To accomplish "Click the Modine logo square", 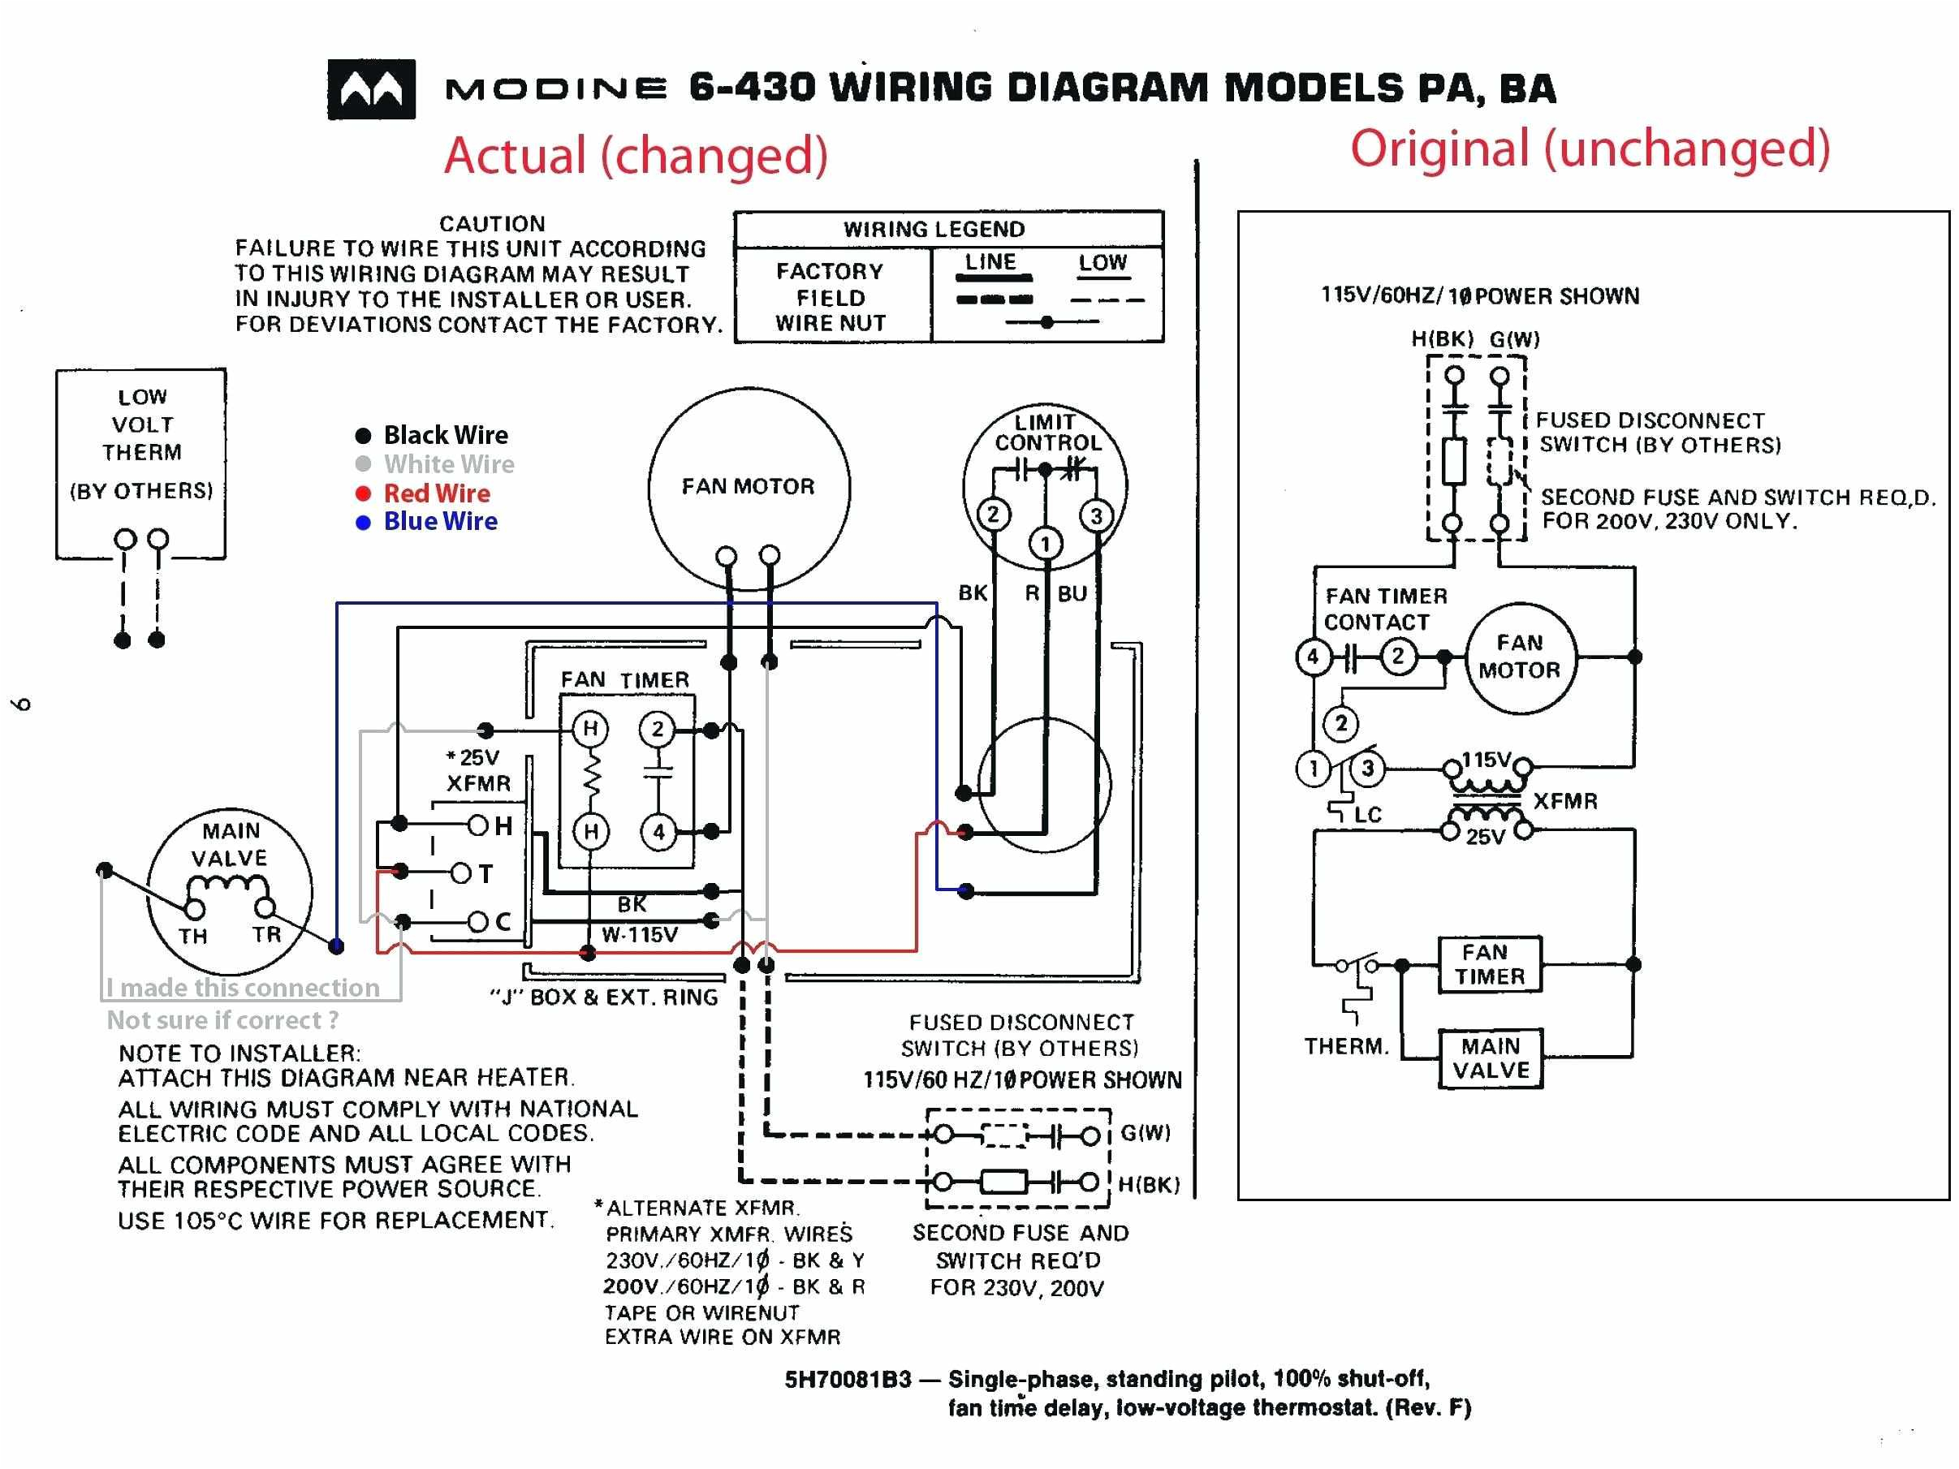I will point(371,89).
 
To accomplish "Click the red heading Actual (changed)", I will point(635,155).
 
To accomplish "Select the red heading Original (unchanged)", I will point(1590,148).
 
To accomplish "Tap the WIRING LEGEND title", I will point(934,230).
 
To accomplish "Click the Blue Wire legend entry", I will point(439,522).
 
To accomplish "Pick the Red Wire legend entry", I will point(436,493).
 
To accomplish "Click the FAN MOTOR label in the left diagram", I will point(748,486).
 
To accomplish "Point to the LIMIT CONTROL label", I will point(1046,432).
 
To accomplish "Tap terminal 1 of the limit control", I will point(1045,544).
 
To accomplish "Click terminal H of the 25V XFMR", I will point(479,825).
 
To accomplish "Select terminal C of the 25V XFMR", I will point(479,922).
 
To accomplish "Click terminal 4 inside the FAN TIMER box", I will point(658,831).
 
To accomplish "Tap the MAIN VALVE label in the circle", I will point(230,844).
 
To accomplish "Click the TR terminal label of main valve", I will point(265,934).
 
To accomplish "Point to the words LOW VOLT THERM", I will point(142,424).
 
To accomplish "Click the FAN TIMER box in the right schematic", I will point(1490,964).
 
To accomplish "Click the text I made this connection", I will point(243,987).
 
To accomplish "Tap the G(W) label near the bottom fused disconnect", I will point(1145,1132).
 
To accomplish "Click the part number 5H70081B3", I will point(847,1380).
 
